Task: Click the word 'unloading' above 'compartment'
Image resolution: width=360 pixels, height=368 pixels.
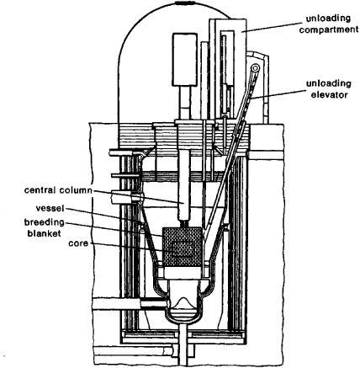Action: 328,19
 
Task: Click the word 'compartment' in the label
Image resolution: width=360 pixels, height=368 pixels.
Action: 329,29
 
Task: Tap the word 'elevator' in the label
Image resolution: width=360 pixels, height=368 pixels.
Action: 330,94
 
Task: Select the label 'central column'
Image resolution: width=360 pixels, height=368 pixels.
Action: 58,190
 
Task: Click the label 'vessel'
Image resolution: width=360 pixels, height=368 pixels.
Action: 50,208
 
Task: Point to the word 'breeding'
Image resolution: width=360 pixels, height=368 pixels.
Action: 45,222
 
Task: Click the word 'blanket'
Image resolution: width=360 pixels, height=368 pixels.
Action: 45,233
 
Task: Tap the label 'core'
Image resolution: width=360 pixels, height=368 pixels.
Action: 78,243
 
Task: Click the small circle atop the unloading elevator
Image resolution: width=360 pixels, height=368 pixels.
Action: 255,68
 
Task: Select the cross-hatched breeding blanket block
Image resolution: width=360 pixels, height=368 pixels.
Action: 182,247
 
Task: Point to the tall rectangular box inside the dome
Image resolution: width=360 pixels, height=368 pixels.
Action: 185,59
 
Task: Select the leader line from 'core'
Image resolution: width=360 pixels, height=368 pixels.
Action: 126,247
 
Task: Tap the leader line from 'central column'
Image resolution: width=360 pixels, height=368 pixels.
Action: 138,196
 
